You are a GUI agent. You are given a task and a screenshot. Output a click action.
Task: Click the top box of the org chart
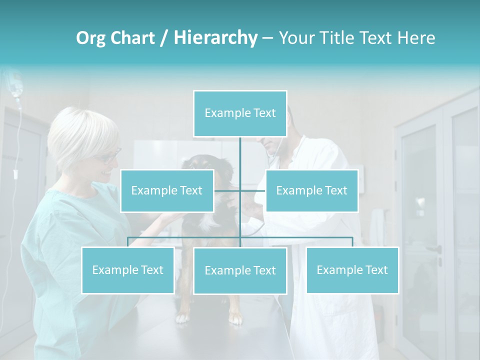tap(240, 113)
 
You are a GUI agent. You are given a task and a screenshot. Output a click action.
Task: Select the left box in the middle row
tap(167, 190)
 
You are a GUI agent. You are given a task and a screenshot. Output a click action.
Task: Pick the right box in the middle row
tap(311, 190)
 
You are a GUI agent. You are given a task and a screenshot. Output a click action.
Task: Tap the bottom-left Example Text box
tap(128, 270)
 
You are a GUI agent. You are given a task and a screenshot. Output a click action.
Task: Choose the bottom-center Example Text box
tap(240, 270)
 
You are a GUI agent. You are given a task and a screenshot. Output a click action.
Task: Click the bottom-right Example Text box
tap(352, 270)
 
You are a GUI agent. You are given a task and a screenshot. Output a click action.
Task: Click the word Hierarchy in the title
tap(215, 37)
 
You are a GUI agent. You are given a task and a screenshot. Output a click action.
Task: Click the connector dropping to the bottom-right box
tap(352, 242)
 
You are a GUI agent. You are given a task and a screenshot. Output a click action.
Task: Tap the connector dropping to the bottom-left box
tap(128, 242)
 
